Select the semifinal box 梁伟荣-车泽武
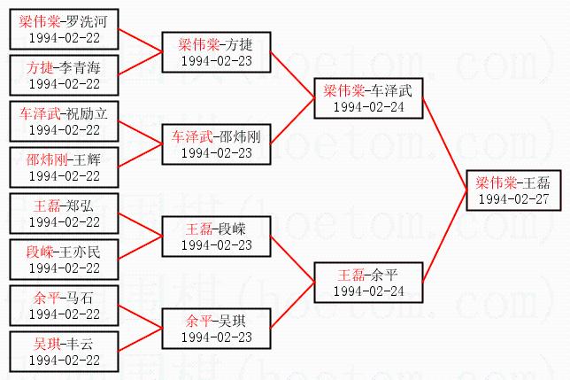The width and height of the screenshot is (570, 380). click(367, 97)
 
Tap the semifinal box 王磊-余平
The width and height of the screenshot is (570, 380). click(367, 281)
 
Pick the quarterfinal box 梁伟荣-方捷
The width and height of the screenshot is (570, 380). click(216, 50)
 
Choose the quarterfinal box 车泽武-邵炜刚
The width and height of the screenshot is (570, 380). click(216, 143)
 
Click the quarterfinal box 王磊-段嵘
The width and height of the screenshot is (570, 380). click(216, 235)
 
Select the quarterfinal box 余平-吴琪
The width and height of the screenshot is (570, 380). click(216, 327)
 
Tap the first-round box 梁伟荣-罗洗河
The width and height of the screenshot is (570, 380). click(64, 27)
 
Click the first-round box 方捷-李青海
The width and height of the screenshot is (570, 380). click(64, 74)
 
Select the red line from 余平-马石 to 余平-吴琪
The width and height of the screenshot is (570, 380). click(140, 316)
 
